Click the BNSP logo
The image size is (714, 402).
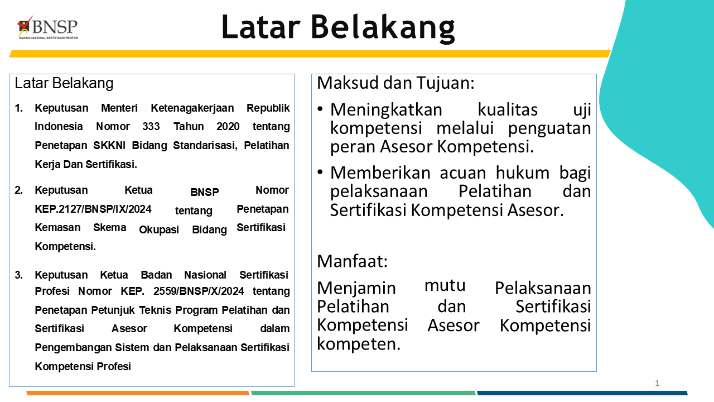[47, 28]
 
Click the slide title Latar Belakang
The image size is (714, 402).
[338, 27]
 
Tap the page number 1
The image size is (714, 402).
[657, 383]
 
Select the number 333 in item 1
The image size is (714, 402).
[151, 127]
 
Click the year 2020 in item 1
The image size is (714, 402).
[228, 127]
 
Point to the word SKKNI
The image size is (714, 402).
[109, 146]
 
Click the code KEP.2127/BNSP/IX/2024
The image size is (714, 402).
[93, 209]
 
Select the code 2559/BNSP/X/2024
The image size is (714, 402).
[199, 291]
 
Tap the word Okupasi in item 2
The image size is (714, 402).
[159, 230]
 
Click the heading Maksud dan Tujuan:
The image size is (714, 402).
[395, 83]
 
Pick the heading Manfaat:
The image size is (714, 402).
[352, 261]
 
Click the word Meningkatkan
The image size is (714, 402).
[386, 110]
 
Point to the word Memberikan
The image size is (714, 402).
[380, 173]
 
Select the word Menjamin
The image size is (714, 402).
[356, 289]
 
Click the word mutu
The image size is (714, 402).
[445, 286]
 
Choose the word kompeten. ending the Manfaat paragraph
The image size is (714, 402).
[359, 344]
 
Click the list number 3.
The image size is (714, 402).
[18, 275]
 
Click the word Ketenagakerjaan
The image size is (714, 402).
[192, 108]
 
